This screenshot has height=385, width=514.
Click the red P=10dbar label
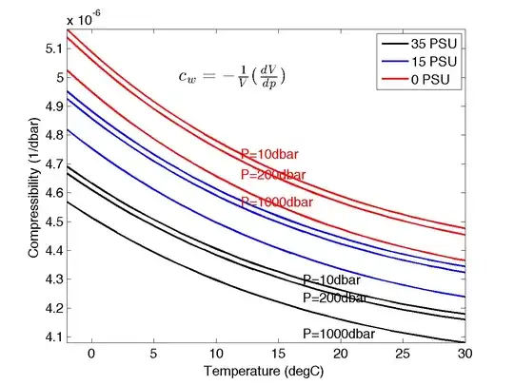click(x=271, y=155)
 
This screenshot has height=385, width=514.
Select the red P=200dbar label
click(x=273, y=175)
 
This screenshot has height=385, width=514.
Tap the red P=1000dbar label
click(x=276, y=202)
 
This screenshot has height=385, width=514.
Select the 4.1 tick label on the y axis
click(x=53, y=337)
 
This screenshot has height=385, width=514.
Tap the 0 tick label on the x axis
click(x=92, y=353)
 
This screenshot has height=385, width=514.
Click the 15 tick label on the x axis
click(x=279, y=353)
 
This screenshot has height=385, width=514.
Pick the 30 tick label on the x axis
click(x=465, y=353)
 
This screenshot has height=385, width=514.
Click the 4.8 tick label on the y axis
click(x=53, y=135)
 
